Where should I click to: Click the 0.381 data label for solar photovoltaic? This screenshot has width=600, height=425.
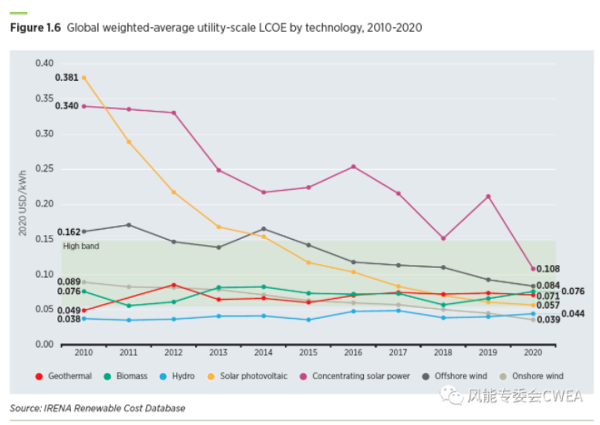(68, 78)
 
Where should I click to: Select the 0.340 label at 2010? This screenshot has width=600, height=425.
(68, 105)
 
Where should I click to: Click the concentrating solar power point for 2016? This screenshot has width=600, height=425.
(353, 166)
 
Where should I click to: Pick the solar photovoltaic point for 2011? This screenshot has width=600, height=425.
(128, 142)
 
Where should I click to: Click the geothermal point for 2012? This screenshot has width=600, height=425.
(173, 285)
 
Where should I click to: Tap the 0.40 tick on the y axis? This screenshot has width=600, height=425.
(45, 64)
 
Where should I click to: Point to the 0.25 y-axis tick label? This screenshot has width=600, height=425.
(45, 170)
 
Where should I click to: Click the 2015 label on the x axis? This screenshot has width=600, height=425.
(308, 351)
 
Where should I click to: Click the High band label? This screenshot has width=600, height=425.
(79, 246)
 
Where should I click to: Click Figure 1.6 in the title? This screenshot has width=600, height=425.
(34, 28)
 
